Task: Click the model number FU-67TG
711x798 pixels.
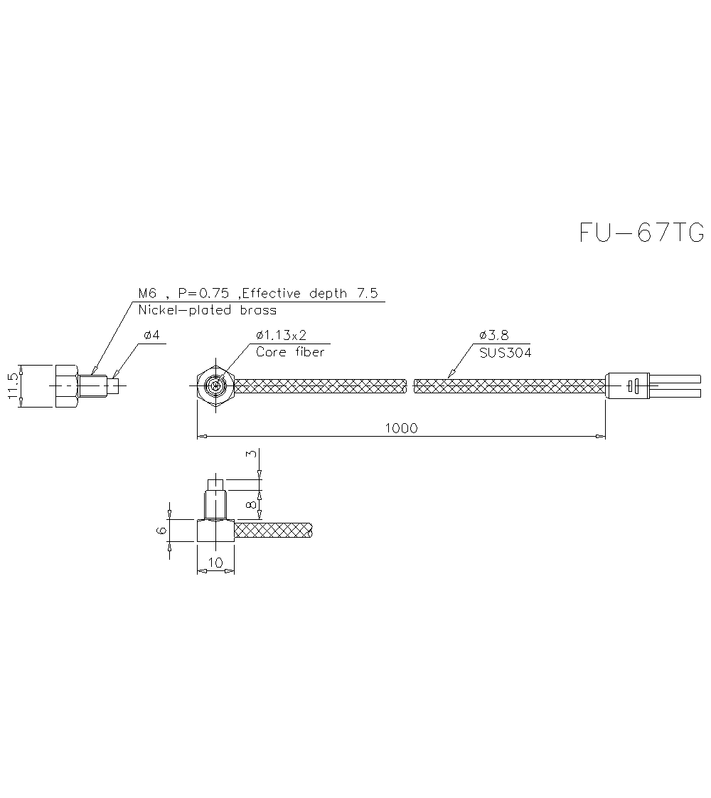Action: tap(641, 233)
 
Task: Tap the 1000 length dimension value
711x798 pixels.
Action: tap(401, 428)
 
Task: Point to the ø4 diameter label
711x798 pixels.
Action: tap(151, 335)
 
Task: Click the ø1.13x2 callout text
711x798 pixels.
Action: tap(281, 335)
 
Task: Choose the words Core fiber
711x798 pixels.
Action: tap(290, 352)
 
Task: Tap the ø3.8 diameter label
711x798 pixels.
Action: tap(494, 335)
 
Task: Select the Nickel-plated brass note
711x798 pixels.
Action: tap(207, 310)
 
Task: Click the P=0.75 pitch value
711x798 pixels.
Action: tap(204, 293)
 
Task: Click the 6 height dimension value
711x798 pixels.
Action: tap(161, 531)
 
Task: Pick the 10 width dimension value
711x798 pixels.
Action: tap(215, 563)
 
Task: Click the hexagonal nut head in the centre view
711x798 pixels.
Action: tap(213, 386)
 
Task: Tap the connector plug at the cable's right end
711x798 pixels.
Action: tap(627, 386)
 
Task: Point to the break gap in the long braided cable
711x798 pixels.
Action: tap(410, 386)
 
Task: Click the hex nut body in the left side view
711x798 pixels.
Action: tap(65, 386)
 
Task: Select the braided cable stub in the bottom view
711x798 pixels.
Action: tap(274, 530)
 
